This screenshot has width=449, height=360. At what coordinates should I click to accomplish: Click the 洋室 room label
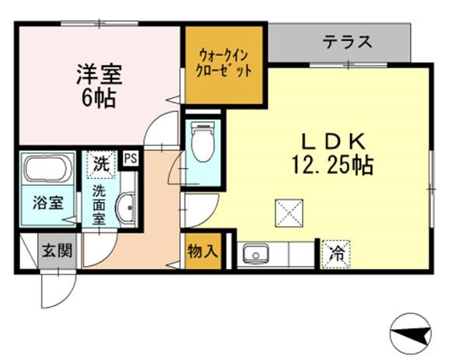(x=98, y=76)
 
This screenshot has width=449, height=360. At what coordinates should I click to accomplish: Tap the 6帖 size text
(x=98, y=99)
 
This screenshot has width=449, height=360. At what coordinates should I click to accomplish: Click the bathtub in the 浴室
(x=47, y=170)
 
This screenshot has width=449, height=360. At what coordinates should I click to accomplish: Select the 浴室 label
(x=47, y=204)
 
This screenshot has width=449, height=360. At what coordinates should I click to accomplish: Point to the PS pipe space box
(x=129, y=158)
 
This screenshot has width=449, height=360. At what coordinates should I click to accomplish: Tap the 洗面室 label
(x=100, y=204)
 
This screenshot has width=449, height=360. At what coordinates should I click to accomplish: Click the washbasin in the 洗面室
(x=125, y=208)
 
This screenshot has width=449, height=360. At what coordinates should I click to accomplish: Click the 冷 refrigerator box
(x=336, y=252)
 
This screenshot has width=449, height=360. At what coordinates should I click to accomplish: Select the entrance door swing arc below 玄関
(x=58, y=292)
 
